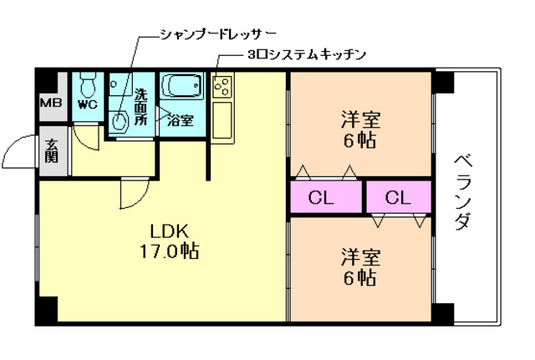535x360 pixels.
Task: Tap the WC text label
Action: [87, 105]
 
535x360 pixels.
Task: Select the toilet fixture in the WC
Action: [87, 84]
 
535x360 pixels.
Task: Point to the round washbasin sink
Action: [120, 120]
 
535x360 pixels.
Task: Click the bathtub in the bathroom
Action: [181, 87]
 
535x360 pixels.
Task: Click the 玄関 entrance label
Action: [52, 151]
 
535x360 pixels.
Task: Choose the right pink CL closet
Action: [398, 198]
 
